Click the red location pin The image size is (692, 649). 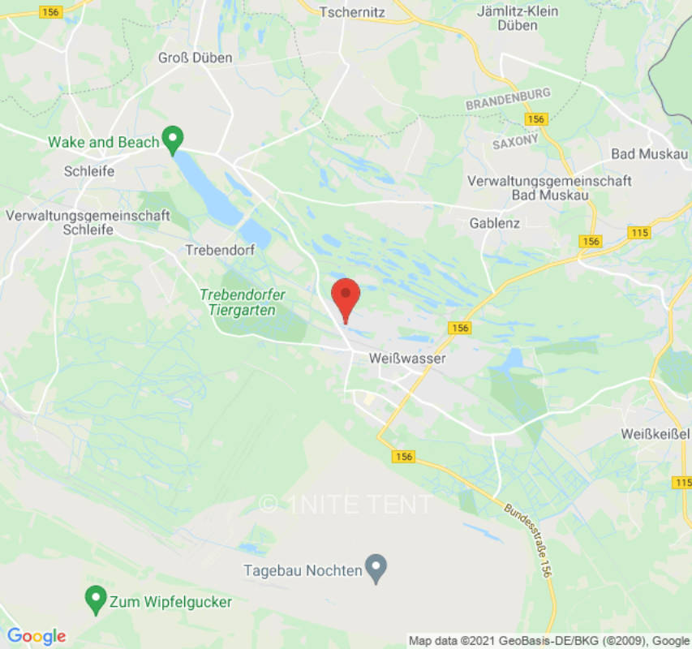click(x=346, y=297)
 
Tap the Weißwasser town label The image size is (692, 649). click(x=407, y=357)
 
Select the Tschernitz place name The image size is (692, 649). click(x=352, y=12)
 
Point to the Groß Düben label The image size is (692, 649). click(x=195, y=58)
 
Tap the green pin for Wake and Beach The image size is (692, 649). click(x=172, y=140)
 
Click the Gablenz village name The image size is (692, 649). click(x=495, y=222)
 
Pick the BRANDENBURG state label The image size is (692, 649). click(x=508, y=100)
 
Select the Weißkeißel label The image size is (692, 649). click(x=653, y=435)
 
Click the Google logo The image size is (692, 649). click(x=36, y=636)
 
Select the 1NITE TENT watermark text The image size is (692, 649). click(x=347, y=504)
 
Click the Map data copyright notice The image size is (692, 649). click(x=549, y=641)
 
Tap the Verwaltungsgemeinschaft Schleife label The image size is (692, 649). click(x=88, y=222)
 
